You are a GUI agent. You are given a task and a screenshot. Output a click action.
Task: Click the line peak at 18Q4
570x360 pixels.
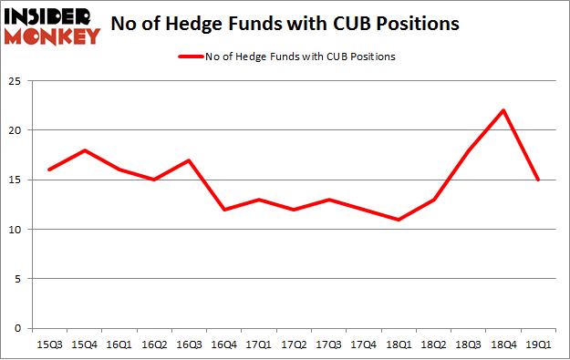(x=503, y=110)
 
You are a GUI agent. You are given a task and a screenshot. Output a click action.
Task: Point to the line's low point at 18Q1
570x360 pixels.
(x=398, y=220)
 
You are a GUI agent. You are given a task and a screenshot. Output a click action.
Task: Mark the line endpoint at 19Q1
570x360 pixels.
(x=538, y=180)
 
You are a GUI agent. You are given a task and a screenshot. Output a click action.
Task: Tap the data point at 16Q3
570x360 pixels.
(x=188, y=160)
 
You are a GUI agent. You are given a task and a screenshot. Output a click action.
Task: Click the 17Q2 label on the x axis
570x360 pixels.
(x=293, y=344)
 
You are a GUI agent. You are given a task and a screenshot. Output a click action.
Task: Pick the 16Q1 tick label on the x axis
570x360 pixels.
(x=118, y=344)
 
